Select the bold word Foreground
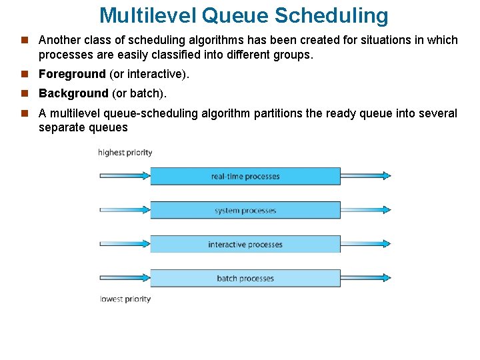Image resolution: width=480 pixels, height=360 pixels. [72, 74]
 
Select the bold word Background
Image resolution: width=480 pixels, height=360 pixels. [73, 93]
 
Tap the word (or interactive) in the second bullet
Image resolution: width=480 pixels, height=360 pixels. [149, 74]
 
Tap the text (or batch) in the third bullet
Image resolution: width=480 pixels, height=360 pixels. [138, 93]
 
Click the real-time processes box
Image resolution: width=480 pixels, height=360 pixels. [245, 176]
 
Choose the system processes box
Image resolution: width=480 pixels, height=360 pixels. [245, 210]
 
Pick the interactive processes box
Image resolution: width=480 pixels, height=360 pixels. [245, 244]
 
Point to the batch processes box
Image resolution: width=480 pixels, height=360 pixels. [245, 278]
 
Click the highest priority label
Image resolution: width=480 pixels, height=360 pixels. [125, 153]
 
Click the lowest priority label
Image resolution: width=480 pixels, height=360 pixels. [125, 299]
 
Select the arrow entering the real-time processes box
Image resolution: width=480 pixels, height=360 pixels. [125, 176]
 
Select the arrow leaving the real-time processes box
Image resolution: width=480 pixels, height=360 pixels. [365, 176]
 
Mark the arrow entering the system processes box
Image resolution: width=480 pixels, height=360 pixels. [125, 210]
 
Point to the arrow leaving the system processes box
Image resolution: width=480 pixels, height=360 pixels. [365, 210]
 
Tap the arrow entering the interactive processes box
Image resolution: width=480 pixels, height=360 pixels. [125, 244]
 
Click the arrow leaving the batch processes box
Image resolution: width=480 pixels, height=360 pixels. [365, 278]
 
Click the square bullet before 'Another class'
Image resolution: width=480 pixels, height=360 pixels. [25, 40]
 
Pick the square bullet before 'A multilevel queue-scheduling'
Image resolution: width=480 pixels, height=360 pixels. [25, 113]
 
